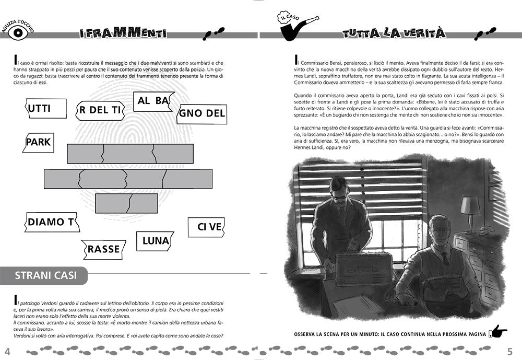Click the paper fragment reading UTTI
click(x=46, y=109)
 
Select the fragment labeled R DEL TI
click(x=98, y=110)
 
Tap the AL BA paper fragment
click(x=153, y=101)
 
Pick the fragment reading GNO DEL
click(x=202, y=113)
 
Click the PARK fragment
click(x=38, y=142)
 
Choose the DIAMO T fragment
click(x=51, y=222)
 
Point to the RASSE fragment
click(x=104, y=249)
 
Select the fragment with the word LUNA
click(x=156, y=241)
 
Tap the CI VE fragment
click(x=206, y=227)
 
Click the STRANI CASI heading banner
click(x=44, y=275)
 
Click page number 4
click(x=7, y=350)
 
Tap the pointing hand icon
click(x=499, y=332)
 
